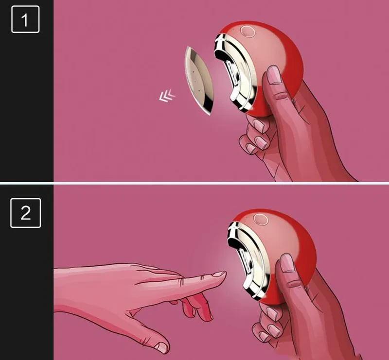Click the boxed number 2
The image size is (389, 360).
coord(25,212)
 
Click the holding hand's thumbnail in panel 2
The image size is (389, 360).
coord(287,263)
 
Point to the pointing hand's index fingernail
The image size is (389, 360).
coord(219,274)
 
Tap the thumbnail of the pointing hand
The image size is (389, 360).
coord(161,347)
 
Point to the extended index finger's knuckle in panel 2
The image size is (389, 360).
coord(182,281)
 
